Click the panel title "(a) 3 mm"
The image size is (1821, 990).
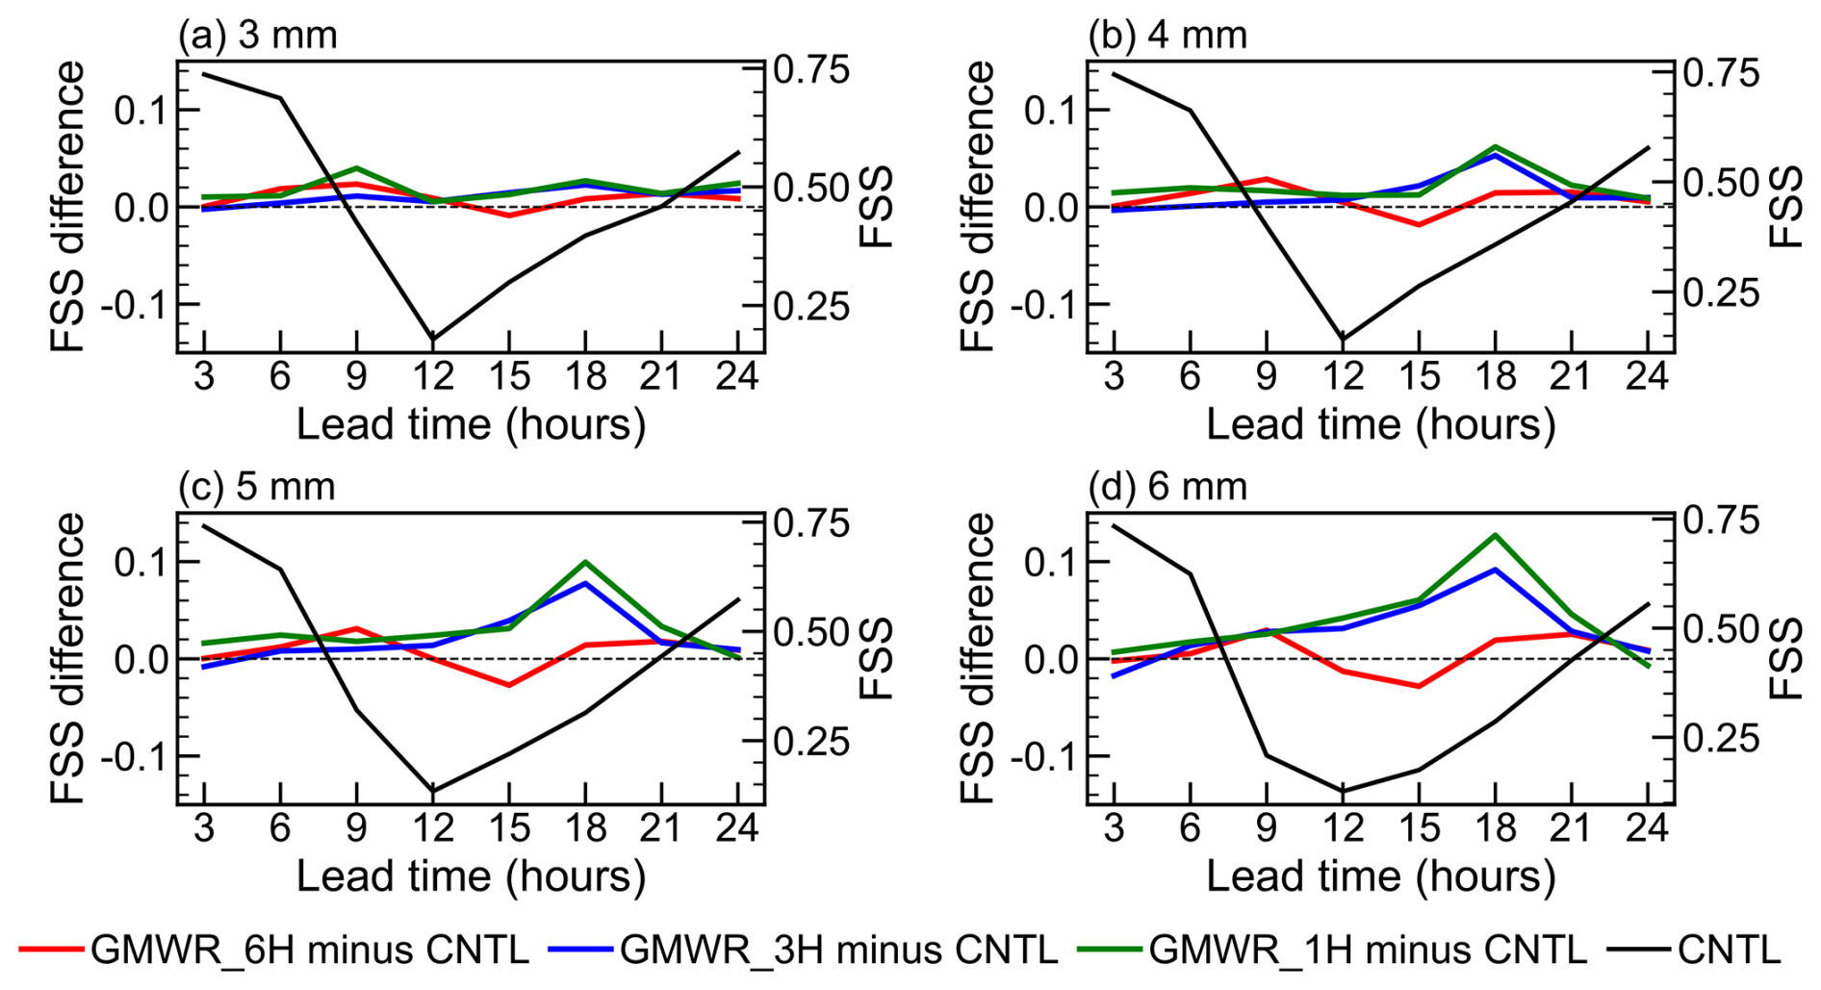coord(258,36)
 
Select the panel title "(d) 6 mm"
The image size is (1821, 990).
coord(1167,487)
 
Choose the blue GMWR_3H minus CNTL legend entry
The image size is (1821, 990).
coord(804,950)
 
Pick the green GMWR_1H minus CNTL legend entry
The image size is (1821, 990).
coord(1333,950)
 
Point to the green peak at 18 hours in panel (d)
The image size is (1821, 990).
coord(1495,535)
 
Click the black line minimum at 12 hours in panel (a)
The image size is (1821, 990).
coord(432,339)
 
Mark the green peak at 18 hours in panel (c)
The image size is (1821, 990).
coord(585,562)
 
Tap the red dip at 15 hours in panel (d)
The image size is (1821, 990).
coord(1419,686)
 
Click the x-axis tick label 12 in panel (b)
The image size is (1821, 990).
coord(1343,375)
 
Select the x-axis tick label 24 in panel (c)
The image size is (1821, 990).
coord(737,827)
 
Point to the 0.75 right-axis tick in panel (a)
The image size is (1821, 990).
coord(812,71)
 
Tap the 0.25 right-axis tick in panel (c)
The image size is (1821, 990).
coord(812,742)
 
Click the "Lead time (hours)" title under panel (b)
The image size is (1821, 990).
coord(1380,424)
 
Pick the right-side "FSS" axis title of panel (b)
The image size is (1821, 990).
coord(1786,206)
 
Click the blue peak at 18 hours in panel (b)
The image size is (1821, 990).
coord(1495,154)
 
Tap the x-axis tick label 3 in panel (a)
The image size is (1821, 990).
coord(204,375)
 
